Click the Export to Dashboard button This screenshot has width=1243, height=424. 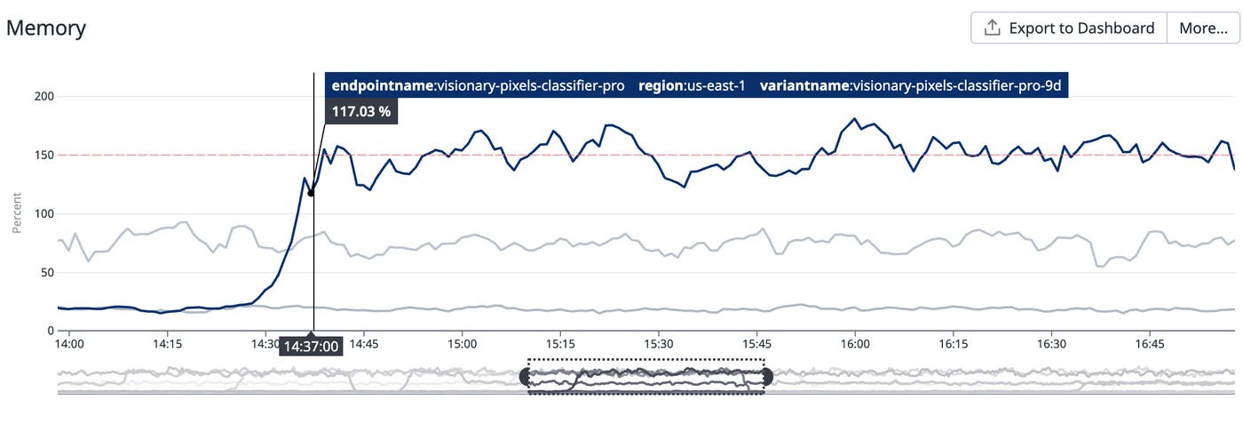1069,28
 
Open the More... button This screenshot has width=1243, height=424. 1203,28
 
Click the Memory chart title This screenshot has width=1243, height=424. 46,28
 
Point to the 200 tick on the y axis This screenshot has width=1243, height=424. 41,96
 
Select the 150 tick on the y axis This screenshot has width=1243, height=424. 41,155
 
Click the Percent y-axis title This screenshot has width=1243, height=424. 16,213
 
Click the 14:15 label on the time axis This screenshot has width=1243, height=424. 167,343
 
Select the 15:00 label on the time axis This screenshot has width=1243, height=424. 462,343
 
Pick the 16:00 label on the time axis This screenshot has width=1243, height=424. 854,343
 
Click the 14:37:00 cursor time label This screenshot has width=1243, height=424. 312,346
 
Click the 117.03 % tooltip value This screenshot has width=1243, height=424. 361,112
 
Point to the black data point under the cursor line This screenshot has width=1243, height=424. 311,193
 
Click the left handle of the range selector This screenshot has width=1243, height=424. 526,377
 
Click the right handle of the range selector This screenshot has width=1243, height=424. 766,377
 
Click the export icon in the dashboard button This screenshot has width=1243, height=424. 993,28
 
